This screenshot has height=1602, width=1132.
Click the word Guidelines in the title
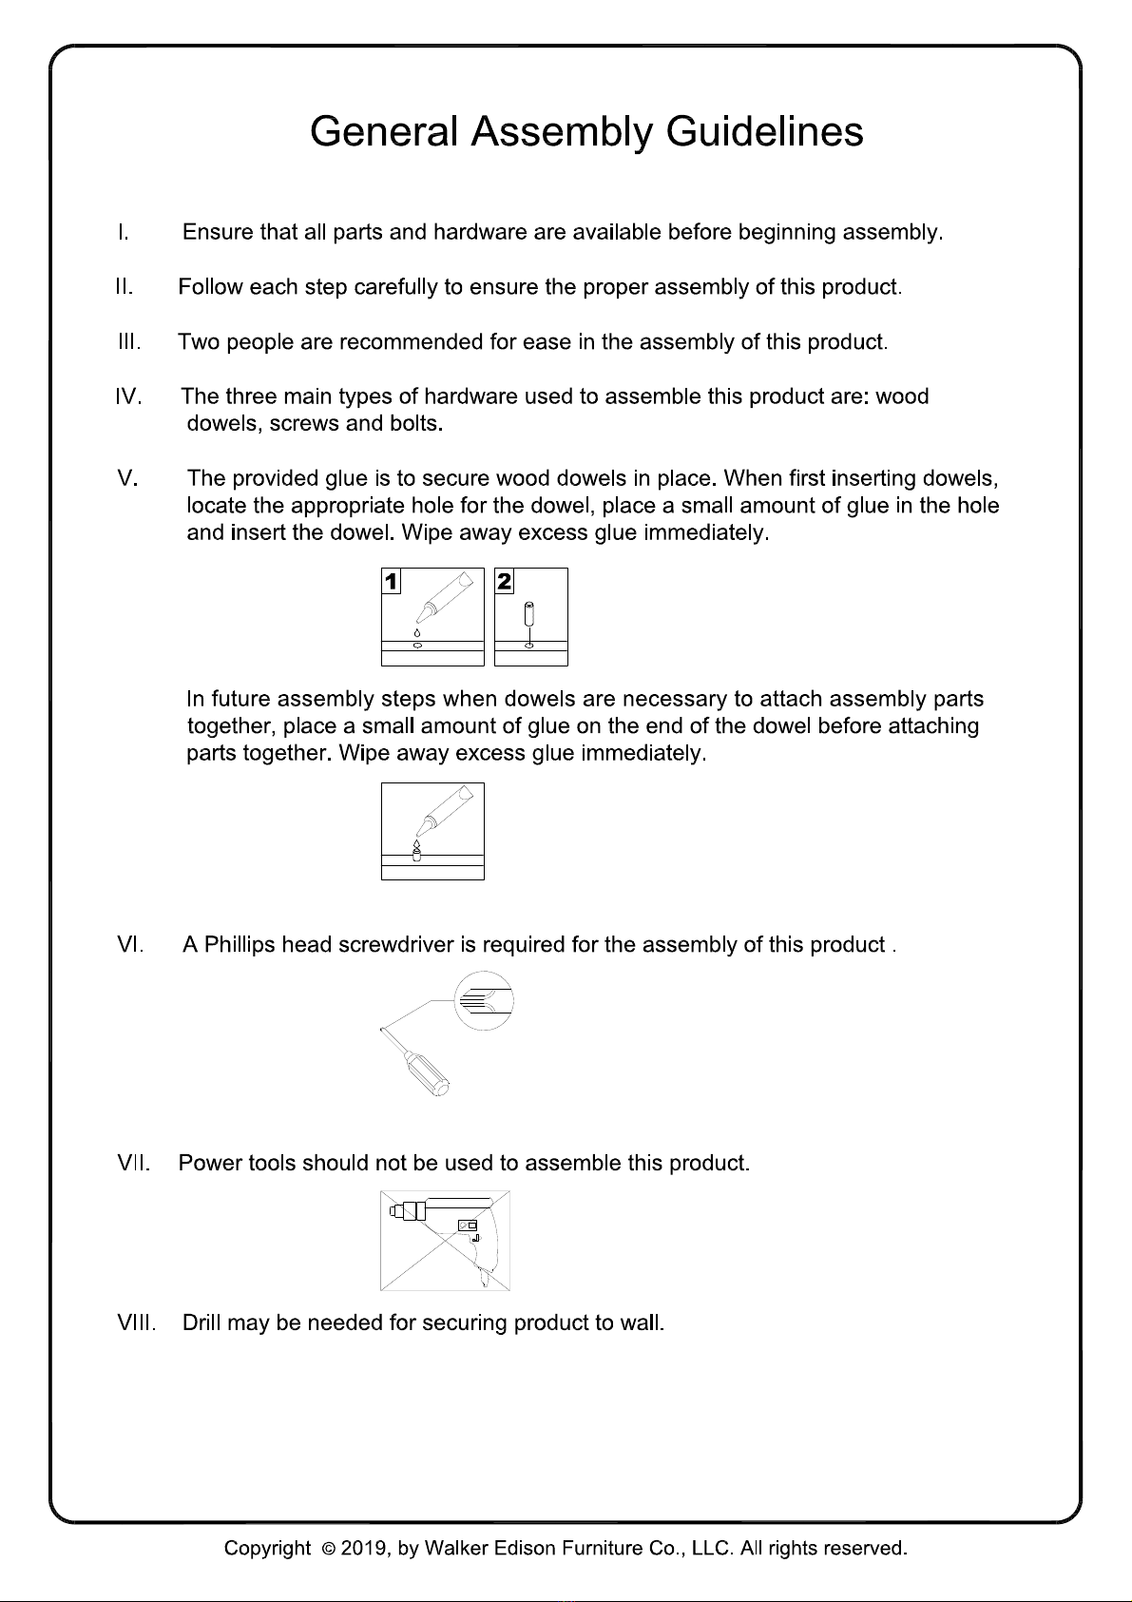pyautogui.click(x=764, y=131)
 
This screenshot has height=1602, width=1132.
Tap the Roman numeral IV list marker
pyautogui.click(x=128, y=396)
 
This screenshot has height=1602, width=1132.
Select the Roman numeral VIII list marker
pyautogui.click(x=136, y=1322)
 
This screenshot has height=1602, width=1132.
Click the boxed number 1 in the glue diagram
pyautogui.click(x=392, y=582)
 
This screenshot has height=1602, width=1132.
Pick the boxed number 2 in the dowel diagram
pyautogui.click(x=504, y=582)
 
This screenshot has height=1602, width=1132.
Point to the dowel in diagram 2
pyautogui.click(x=529, y=614)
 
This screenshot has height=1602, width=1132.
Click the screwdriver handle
pyautogui.click(x=427, y=1074)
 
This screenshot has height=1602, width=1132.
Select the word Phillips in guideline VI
pyautogui.click(x=240, y=945)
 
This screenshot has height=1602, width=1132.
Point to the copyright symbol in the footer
pyautogui.click(x=328, y=1549)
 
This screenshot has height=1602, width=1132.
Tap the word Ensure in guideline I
pyautogui.click(x=218, y=232)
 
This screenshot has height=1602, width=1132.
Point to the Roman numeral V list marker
pyautogui.click(x=127, y=477)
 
